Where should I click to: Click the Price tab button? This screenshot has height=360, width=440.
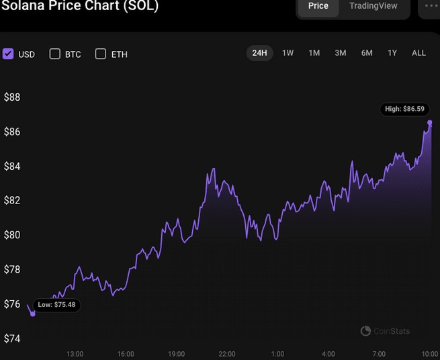pos(318,6)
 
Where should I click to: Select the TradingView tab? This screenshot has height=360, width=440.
pos(373,6)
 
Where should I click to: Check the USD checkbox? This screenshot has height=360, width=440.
pos(8,54)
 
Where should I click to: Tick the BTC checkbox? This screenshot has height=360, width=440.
pos(55,54)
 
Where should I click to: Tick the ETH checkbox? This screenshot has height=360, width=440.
pos(101,54)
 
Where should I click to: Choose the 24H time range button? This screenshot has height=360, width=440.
pos(259,53)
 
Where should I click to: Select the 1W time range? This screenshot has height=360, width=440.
pos(288,53)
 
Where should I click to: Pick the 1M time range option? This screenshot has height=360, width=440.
pos(314,53)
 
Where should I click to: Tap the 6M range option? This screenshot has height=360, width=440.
pos(367,53)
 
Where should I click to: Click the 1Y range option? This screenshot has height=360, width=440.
pos(392,53)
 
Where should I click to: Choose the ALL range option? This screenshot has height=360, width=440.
pos(419,53)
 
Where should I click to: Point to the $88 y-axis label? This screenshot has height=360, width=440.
pos(12,97)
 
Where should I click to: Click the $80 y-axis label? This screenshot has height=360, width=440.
pos(12,235)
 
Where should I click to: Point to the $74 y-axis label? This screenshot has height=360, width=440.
pos(12,339)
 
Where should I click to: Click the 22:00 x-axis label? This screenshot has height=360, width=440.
pos(226,354)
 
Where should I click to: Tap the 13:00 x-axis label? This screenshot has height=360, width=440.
pos(75,354)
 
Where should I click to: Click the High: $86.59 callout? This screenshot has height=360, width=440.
pos(403,109)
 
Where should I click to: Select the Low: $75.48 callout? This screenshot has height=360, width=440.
pos(57,305)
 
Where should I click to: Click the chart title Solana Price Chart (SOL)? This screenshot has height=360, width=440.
pos(79,6)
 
